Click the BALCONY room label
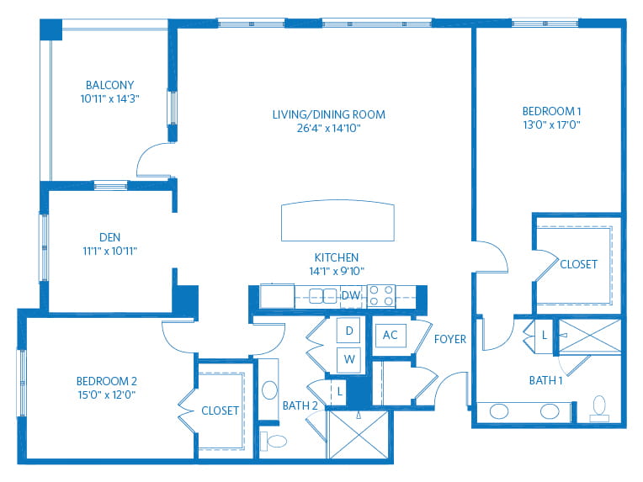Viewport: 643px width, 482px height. [110, 85]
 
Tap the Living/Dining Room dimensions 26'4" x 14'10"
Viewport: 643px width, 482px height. [328, 128]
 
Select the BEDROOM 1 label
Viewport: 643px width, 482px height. [551, 111]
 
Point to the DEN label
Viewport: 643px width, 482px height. [110, 237]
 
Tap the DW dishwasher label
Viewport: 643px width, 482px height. [351, 295]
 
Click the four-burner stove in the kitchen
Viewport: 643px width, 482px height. [381, 296]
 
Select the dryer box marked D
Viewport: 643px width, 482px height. [348, 330]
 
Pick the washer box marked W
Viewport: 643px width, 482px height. [348, 359]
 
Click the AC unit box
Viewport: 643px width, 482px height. [391, 335]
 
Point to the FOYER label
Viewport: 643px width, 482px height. [450, 339]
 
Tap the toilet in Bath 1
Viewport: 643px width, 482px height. [599, 408]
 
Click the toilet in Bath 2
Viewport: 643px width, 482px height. [274, 441]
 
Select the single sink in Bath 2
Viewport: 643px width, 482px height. [269, 389]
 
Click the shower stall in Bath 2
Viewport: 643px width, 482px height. [359, 434]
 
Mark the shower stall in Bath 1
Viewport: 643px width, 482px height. [590, 336]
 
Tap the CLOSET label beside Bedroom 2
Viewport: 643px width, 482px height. [220, 410]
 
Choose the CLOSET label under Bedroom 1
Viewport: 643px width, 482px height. [579, 264]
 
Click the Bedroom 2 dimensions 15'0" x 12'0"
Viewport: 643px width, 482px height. [107, 395]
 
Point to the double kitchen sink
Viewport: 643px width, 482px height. [322, 296]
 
